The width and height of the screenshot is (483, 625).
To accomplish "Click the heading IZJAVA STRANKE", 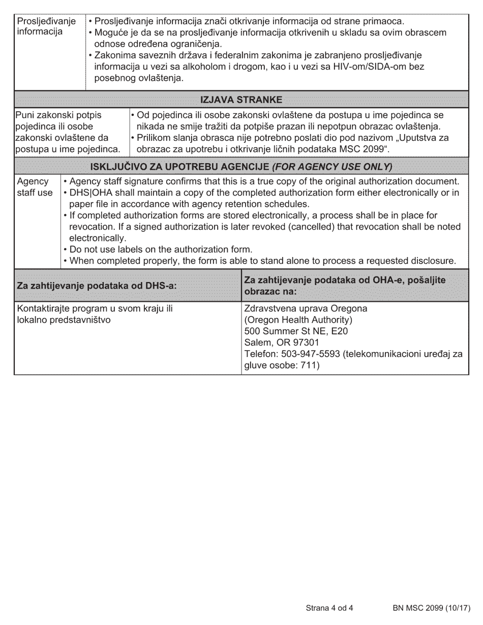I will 242,99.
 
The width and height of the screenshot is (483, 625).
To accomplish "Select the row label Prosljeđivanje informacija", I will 46,26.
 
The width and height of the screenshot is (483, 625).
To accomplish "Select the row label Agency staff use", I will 35,187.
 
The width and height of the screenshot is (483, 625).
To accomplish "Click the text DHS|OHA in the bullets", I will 91,193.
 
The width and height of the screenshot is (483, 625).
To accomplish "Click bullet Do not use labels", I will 161,249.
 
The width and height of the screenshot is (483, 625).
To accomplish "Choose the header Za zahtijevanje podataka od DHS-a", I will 97,286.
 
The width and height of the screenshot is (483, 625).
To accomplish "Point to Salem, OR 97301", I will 280,342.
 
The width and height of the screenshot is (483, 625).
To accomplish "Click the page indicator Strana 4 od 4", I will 329,608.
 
